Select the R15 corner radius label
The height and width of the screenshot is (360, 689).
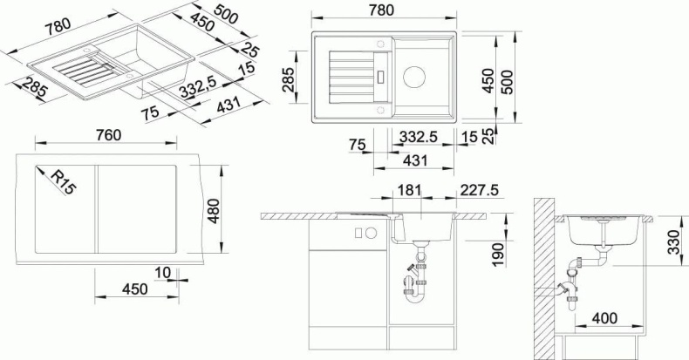pyautogui.click(x=60, y=181)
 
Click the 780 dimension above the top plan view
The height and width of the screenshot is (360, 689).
pyautogui.click(x=380, y=10)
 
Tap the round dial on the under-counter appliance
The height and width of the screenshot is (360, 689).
pyautogui.click(x=370, y=233)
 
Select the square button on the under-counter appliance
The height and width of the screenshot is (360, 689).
pyautogui.click(x=357, y=233)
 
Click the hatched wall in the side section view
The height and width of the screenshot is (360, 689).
pyautogui.click(x=542, y=279)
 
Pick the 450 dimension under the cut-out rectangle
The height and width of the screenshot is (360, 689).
pyautogui.click(x=133, y=289)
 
